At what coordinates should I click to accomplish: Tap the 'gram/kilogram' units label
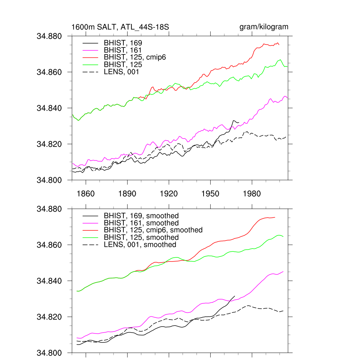264,27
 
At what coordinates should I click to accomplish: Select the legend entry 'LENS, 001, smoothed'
140,245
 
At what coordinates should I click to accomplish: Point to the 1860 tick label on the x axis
86,194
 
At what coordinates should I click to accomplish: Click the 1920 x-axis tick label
169,194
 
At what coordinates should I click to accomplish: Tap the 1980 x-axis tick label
252,194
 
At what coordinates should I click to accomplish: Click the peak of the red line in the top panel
278,43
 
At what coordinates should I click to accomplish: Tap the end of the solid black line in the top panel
239,122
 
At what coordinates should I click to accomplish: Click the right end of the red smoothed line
275,217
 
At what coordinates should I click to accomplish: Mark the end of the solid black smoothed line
234,296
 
